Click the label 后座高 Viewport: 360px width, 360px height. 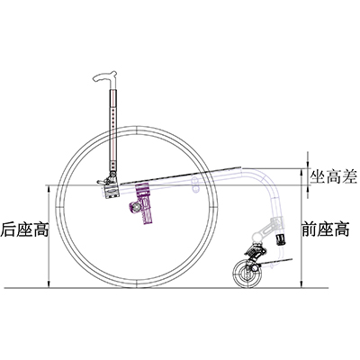pyautogui.click(x=24, y=229)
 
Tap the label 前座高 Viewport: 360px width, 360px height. pyautogui.click(x=326, y=229)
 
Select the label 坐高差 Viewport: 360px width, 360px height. pyautogui.click(x=334, y=177)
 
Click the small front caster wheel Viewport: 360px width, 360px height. pyautogui.click(x=247, y=274)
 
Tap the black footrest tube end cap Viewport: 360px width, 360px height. pyautogui.click(x=280, y=239)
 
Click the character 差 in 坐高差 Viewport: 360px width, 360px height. pyautogui.click(x=349, y=177)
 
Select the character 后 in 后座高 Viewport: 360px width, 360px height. pyautogui.click(x=8, y=229)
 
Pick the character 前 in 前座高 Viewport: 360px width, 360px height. pyautogui.click(x=310, y=229)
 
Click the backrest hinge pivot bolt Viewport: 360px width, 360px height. pyautogui.click(x=112, y=174)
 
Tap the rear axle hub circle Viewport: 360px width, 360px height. pyautogui.click(x=136, y=207)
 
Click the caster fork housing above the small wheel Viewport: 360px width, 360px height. pyautogui.click(x=255, y=253)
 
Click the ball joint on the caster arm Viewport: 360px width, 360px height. pyautogui.click(x=257, y=236)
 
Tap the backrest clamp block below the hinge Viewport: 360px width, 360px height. pyautogui.click(x=112, y=191)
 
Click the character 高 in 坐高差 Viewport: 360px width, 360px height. pyautogui.click(x=334, y=177)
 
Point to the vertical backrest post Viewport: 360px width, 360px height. pyautogui.click(x=113, y=129)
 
